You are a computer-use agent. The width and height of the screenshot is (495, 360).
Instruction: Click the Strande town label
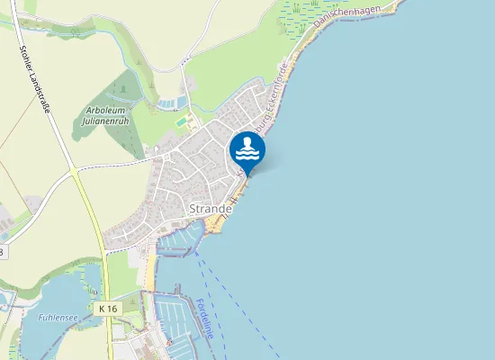(211, 208)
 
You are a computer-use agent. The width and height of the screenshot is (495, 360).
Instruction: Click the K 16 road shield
(108, 309)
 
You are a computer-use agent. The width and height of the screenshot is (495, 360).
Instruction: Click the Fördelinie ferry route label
(206, 321)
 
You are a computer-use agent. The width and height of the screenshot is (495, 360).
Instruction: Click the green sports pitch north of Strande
(183, 121)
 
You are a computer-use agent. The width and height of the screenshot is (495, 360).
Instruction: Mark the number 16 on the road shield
(112, 309)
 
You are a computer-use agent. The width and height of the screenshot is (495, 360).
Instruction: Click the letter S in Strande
(193, 208)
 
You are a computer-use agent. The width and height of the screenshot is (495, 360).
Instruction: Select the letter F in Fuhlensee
(41, 317)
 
